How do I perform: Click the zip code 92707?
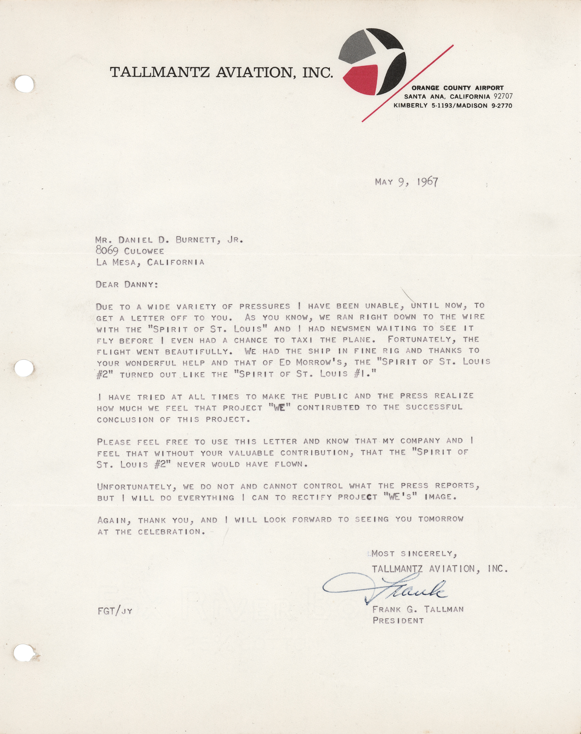point(503,97)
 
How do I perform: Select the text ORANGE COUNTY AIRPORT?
point(457,88)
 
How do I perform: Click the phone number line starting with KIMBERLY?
point(453,106)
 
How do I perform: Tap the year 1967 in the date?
point(427,182)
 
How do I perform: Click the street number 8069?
point(107,251)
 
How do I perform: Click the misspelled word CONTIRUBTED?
point(328,407)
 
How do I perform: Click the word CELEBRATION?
point(171,532)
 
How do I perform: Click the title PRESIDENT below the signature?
point(398,621)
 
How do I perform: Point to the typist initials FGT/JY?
point(115,611)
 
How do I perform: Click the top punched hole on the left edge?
point(24,84)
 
